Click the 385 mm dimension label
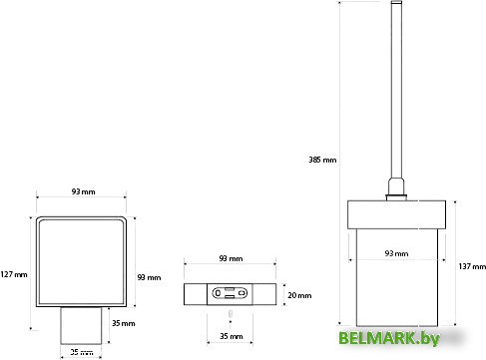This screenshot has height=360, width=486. (x=322, y=160)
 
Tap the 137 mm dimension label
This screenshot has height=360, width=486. (x=472, y=266)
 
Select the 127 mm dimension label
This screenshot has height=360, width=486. (x=14, y=274)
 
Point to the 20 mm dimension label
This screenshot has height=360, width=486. (x=299, y=295)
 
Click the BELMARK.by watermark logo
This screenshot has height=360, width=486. (x=389, y=338)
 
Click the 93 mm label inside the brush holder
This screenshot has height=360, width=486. (x=396, y=253)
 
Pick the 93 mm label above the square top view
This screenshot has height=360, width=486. (x=83, y=191)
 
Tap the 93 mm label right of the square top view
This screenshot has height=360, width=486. (x=149, y=277)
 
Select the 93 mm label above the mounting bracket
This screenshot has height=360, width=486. (x=231, y=258)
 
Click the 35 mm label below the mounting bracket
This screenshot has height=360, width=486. (x=232, y=336)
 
